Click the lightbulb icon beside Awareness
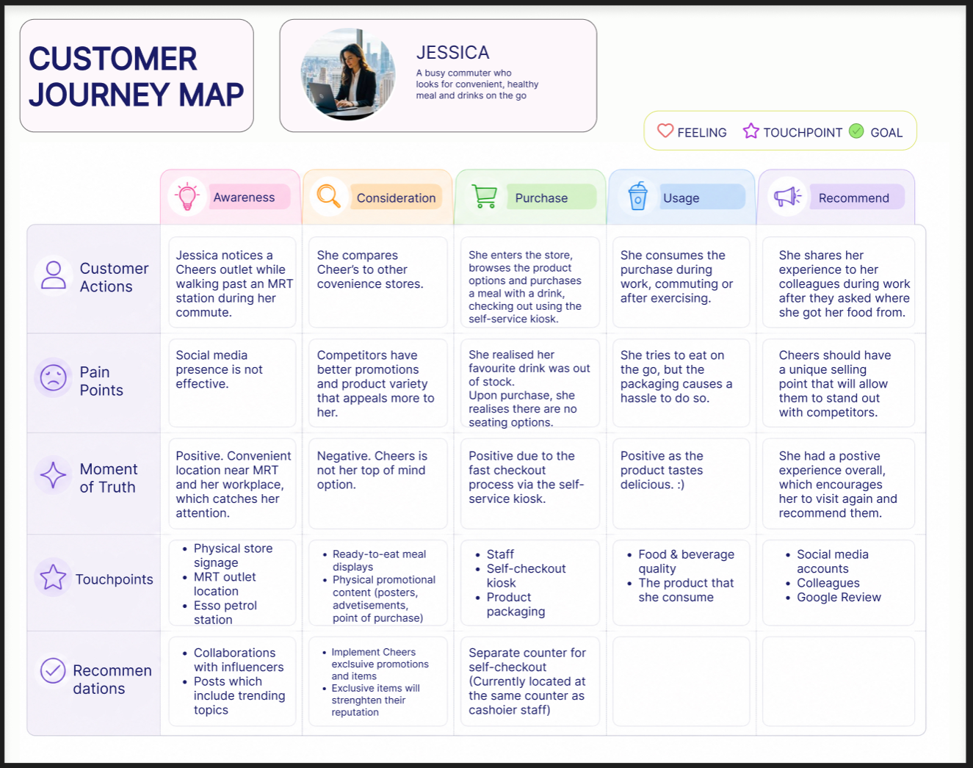pyautogui.click(x=187, y=197)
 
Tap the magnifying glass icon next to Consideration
pyautogui.click(x=328, y=196)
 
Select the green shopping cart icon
pyautogui.click(x=484, y=196)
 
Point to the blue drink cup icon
pyautogui.click(x=637, y=196)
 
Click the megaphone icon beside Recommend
pyautogui.click(x=787, y=197)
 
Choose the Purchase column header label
pyautogui.click(x=541, y=198)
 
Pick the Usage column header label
pyautogui.click(x=681, y=198)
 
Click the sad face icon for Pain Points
pyautogui.click(x=54, y=377)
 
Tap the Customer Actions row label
pyautogui.click(x=114, y=277)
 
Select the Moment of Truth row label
pyautogui.click(x=109, y=478)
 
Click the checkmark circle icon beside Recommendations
pyautogui.click(x=53, y=670)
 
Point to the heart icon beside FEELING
pyautogui.click(x=665, y=131)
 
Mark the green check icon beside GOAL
pyautogui.click(x=856, y=131)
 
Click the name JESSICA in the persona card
pyautogui.click(x=452, y=52)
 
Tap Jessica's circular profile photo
pyautogui.click(x=347, y=74)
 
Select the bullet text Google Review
pyautogui.click(x=839, y=597)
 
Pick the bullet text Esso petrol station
pyautogui.click(x=225, y=612)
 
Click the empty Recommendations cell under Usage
pyautogui.click(x=681, y=681)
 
